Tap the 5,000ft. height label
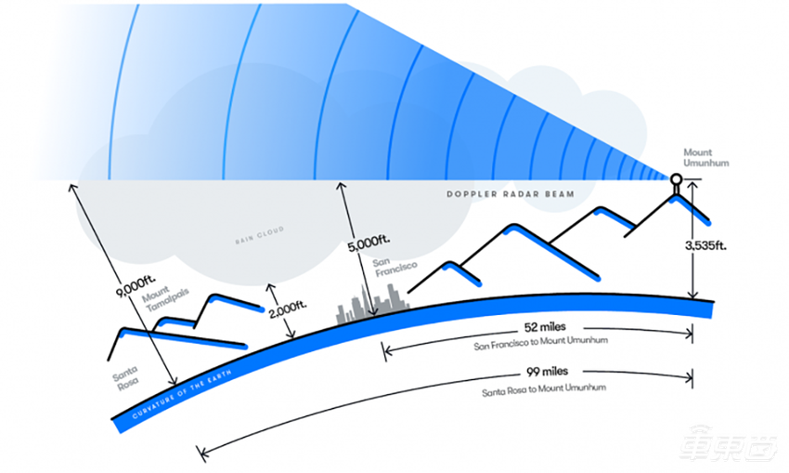coord(369,243)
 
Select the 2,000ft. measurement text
coord(288,309)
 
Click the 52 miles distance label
coord(545,327)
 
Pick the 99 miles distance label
coord(547,372)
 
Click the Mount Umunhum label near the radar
coord(705,158)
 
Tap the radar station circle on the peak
coord(676,178)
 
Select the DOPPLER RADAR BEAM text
coord(511,194)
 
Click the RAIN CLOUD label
coord(260,235)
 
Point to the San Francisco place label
coord(394,267)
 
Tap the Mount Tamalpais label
coord(165,298)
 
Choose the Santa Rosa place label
coord(125,378)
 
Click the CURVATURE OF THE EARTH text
coord(182,395)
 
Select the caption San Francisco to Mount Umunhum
coord(540,344)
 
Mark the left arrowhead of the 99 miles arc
coord(201,453)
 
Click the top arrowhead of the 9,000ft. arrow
coord(73,189)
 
